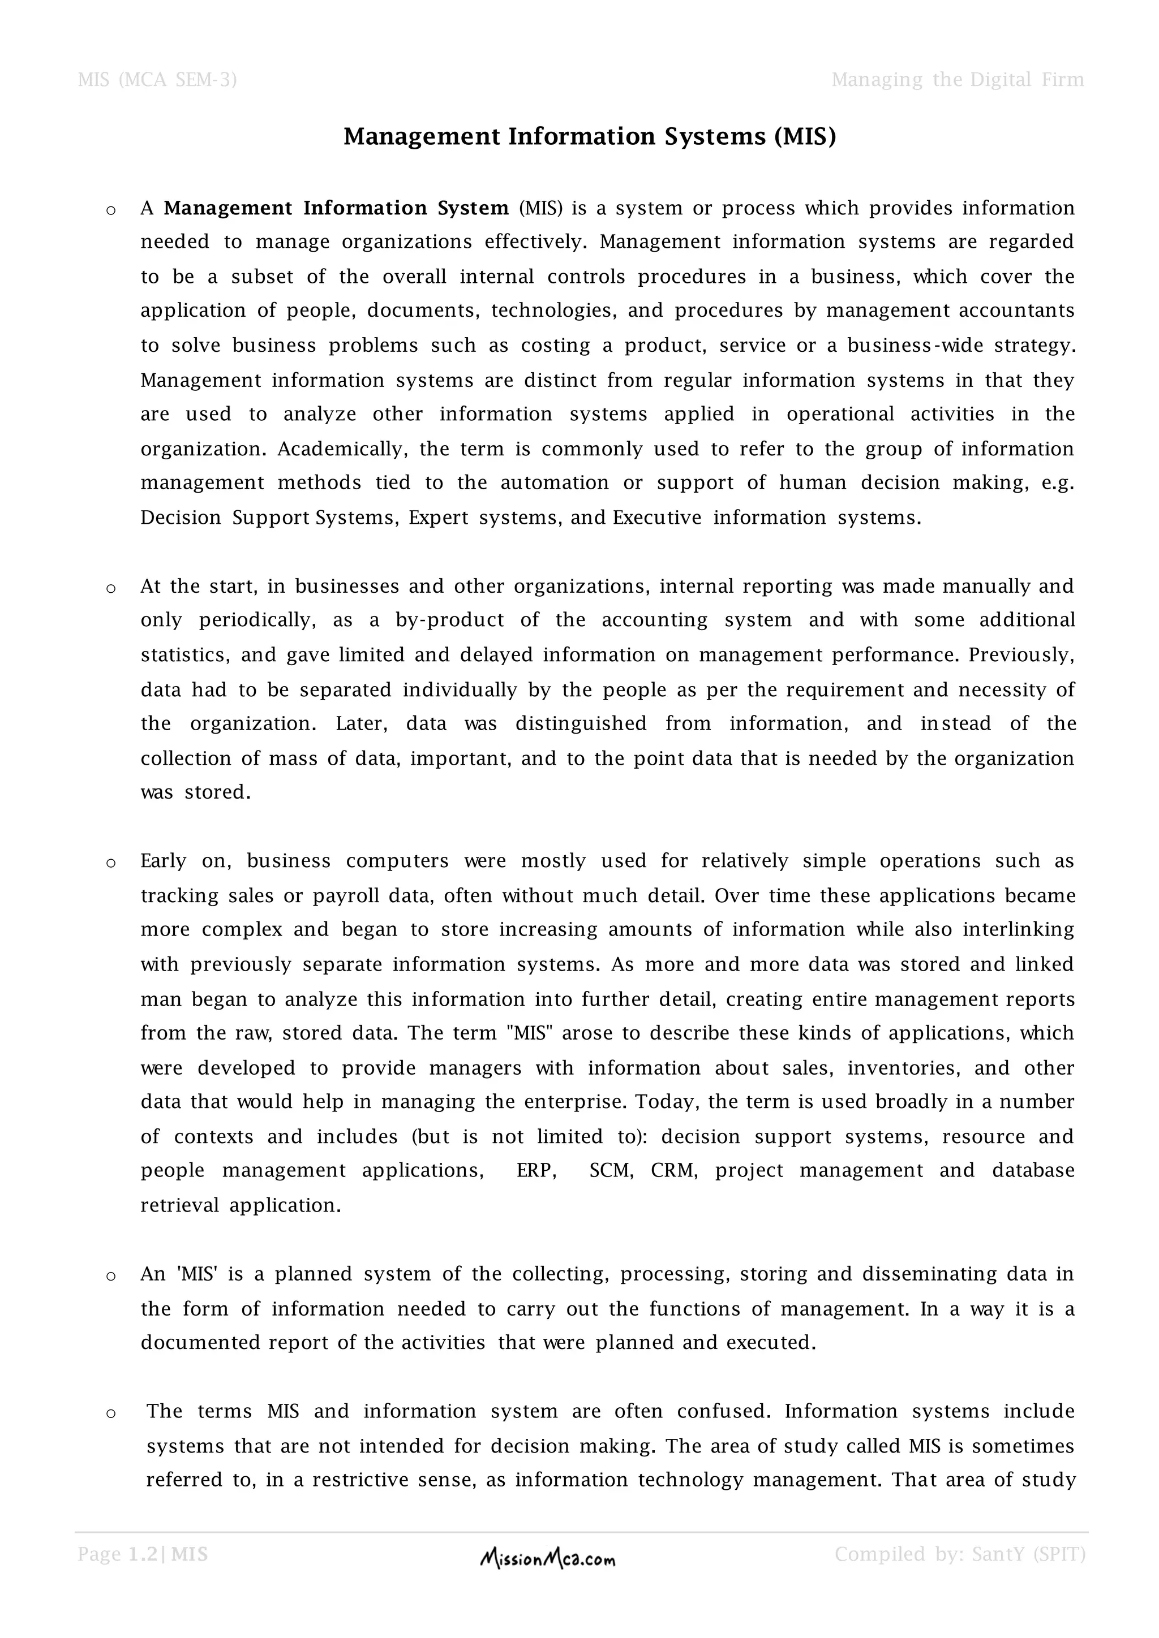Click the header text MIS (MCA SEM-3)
pos(157,79)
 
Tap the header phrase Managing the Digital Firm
pos(957,79)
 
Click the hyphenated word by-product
pos(449,620)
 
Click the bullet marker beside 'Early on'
pos(110,863)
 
